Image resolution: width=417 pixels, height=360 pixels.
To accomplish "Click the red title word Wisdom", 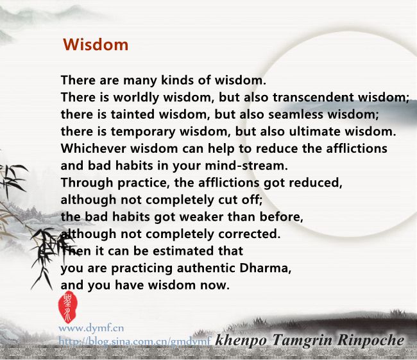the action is pos(96,44).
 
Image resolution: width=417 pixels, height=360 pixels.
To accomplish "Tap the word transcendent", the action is pos(313,97).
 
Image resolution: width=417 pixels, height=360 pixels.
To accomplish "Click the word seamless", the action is pos(296,114).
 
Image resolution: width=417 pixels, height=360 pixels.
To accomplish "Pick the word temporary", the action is pos(143,132).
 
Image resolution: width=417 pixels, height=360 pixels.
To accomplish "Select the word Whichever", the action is pos(93,148).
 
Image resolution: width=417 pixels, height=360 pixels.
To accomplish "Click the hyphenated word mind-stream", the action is pos(246,166).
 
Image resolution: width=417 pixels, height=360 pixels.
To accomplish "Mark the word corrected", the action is pos(250,234).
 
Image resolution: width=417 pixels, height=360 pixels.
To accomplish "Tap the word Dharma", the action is pos(265,268).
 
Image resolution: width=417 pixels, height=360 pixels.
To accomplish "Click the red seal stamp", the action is pos(68,307).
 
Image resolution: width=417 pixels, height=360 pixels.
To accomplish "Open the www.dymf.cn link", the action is pos(91,329).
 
